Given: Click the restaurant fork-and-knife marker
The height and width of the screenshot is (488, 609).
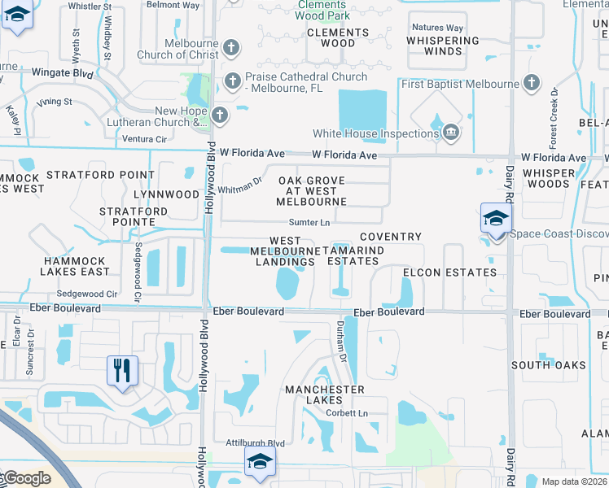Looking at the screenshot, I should tap(123, 370).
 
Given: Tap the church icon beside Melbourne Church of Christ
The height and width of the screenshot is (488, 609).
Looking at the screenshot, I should tap(230, 47).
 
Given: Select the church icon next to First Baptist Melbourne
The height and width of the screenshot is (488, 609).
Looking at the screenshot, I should tap(532, 82).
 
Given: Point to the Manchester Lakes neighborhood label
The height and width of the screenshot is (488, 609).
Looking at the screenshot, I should tap(324, 390).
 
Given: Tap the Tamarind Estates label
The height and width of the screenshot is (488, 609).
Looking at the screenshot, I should tap(353, 255).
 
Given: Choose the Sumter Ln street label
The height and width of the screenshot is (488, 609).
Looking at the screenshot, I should tap(309, 222).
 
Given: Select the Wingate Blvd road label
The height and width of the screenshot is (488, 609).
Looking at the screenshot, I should tap(62, 72).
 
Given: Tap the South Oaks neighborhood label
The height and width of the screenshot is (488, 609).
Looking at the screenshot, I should tap(548, 365).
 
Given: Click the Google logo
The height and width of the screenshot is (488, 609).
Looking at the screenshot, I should tap(26, 478).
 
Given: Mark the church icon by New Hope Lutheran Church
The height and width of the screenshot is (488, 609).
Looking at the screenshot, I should tap(220, 115).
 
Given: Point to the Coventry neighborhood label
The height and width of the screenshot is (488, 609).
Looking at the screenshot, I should tap(391, 237).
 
